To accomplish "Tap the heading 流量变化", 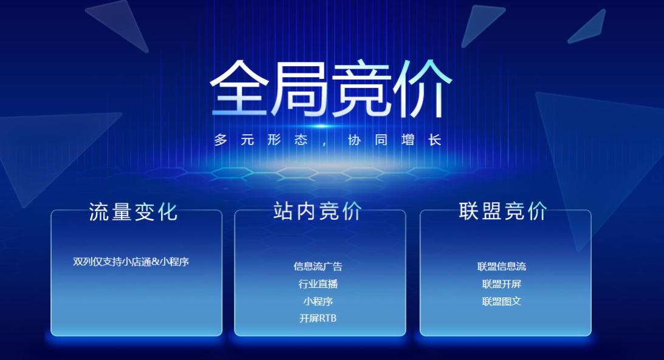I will coord(133,211).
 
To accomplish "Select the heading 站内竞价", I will coord(318,211).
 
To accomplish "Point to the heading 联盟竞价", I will coord(503,211).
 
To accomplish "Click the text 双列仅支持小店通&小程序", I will coord(131,262).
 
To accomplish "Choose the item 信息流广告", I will coord(318,266).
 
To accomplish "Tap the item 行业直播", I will coord(318,284).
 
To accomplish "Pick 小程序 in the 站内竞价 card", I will coord(318,301).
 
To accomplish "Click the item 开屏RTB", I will coord(318,318).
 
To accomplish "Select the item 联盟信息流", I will coord(502,266).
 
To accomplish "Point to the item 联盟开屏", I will coord(502,284).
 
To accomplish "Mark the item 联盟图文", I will coord(502,301).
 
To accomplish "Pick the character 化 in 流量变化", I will coord(167,211).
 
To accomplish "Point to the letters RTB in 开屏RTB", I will coord(327,318).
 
